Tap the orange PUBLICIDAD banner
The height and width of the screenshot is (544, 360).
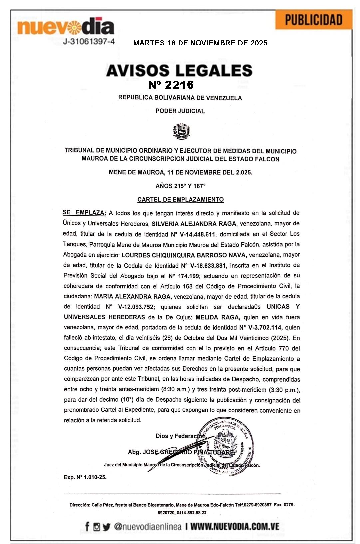click(313, 20)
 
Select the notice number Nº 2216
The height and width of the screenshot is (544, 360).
click(171, 85)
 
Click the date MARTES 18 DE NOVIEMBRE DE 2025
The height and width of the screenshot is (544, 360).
click(200, 43)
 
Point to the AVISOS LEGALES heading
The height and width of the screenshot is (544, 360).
click(179, 70)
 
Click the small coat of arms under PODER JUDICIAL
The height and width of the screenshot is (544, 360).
click(181, 131)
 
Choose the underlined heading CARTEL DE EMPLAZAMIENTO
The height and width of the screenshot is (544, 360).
click(180, 200)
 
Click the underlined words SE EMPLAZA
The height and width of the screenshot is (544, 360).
click(84, 213)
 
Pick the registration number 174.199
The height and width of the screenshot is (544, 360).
click(184, 276)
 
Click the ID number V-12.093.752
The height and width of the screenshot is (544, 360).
click(130, 307)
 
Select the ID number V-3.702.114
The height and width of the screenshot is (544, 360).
click(261, 328)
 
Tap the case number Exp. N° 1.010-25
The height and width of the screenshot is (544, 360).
click(85, 477)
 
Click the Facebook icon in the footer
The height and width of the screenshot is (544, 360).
click(87, 527)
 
